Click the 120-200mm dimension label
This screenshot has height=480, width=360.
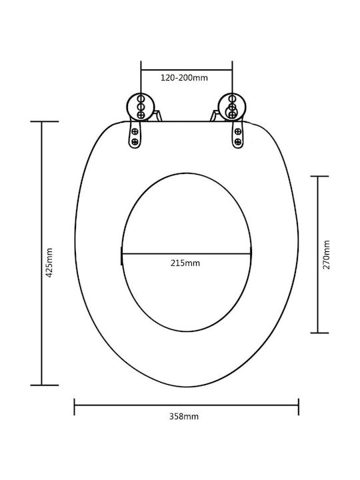pos(184,78)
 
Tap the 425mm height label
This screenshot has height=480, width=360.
pos(49,263)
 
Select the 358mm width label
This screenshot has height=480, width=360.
pos(184,416)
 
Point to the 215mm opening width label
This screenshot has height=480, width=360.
pos(185,263)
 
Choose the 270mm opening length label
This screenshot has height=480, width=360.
pos(327,255)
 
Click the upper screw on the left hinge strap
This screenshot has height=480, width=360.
pos(135,132)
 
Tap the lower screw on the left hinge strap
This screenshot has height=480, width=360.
pos(135,142)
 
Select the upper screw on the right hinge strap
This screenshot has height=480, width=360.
pos(238,132)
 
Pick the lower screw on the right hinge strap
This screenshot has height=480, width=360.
pos(238,142)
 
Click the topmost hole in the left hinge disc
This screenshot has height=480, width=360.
pos(141,99)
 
